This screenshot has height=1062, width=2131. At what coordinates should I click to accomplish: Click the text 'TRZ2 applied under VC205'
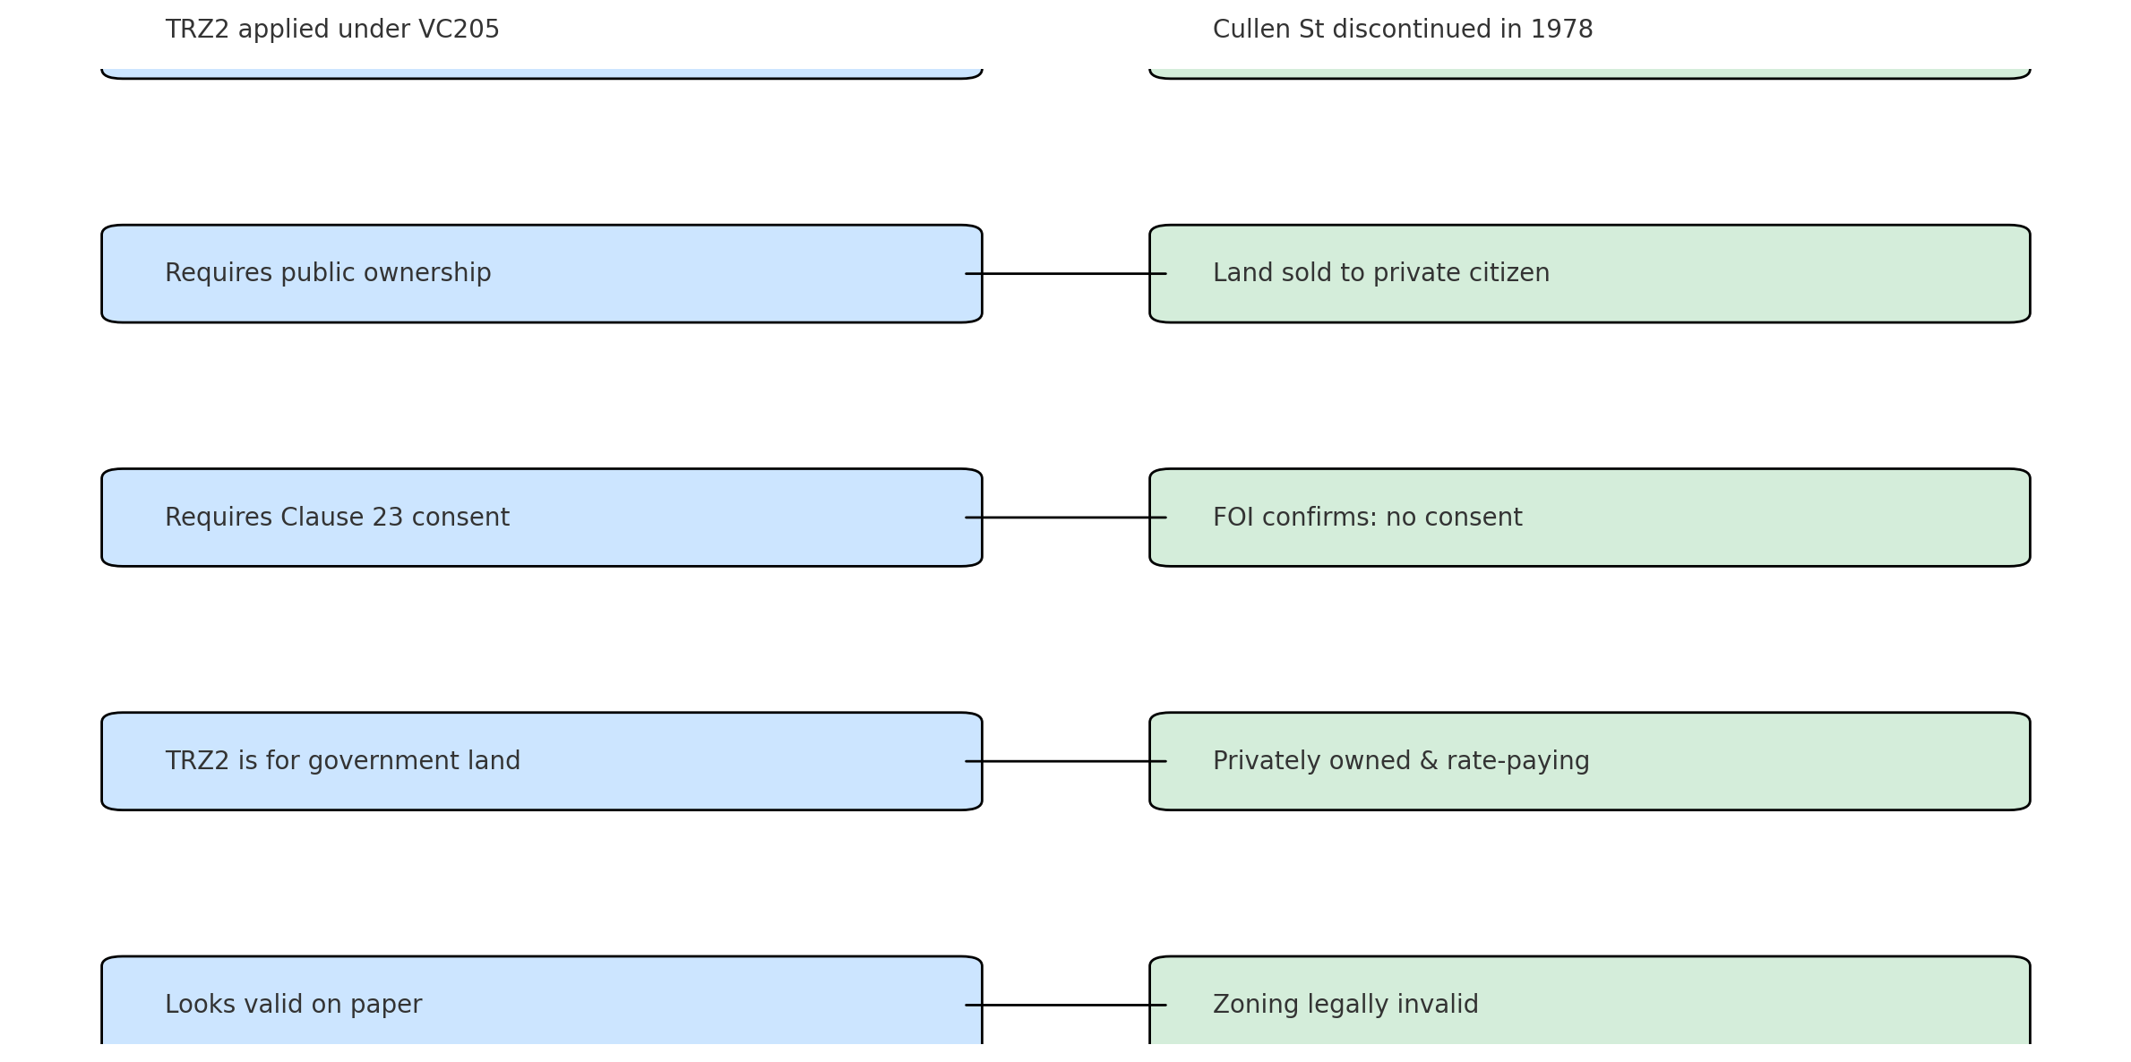(x=332, y=30)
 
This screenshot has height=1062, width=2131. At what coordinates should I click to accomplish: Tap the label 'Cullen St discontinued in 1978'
(x=1403, y=30)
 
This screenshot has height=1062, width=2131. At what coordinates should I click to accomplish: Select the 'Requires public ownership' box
(x=541, y=273)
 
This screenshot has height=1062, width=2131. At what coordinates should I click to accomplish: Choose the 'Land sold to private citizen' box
(x=1590, y=273)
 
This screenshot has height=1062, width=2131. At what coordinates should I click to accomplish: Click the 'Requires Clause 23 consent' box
(x=541, y=517)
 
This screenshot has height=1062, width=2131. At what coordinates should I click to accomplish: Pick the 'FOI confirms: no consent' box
(x=1590, y=517)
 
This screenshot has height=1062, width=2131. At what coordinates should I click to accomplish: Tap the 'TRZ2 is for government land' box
(x=541, y=761)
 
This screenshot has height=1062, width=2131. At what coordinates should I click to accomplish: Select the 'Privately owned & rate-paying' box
(x=1590, y=761)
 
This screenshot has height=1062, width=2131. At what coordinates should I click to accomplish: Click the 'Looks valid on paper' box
(x=541, y=1003)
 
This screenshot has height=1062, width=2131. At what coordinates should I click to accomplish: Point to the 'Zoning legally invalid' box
(x=1590, y=1003)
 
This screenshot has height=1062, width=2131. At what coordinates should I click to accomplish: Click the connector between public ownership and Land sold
(x=1066, y=273)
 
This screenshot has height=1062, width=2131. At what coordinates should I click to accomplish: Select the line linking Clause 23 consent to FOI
(x=1066, y=517)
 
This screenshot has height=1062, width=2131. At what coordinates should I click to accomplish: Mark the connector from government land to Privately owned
(x=1066, y=761)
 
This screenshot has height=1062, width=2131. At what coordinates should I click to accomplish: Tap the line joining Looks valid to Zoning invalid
(x=1066, y=1005)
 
